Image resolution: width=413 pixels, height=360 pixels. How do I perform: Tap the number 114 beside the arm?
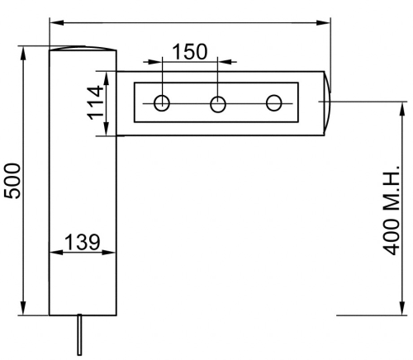(x=97, y=102)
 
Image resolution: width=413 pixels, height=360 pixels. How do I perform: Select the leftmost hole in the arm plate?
(x=162, y=103)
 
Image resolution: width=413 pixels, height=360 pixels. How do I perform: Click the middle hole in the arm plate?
(x=218, y=103)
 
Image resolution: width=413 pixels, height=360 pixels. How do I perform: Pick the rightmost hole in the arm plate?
(x=274, y=103)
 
